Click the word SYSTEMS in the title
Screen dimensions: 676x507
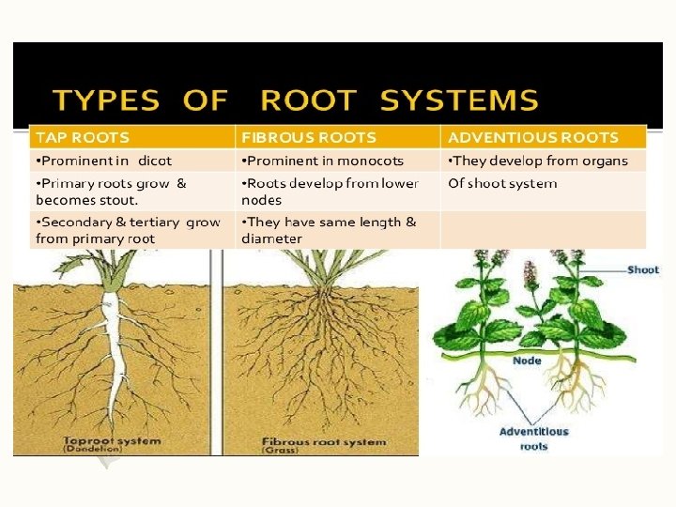tap(460, 100)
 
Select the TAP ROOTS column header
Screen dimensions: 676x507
tap(83, 137)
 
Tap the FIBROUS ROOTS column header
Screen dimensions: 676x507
tap(308, 137)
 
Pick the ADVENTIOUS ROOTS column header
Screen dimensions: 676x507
tap(533, 137)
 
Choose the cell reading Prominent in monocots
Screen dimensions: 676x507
tap(323, 161)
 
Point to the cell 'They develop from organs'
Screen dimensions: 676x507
tap(538, 161)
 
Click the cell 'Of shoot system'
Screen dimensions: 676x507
tap(502, 183)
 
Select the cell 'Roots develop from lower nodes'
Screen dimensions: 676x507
tap(329, 192)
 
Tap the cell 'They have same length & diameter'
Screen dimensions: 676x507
tap(329, 230)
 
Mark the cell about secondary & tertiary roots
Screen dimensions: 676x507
tap(128, 230)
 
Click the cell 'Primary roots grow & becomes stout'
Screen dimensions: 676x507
tap(111, 192)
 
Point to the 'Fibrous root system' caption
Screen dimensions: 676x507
tap(324, 441)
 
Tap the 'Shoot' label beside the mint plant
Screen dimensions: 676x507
tap(643, 269)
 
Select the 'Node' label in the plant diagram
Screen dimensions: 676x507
tap(527, 361)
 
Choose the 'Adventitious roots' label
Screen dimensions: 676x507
tap(533, 438)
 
